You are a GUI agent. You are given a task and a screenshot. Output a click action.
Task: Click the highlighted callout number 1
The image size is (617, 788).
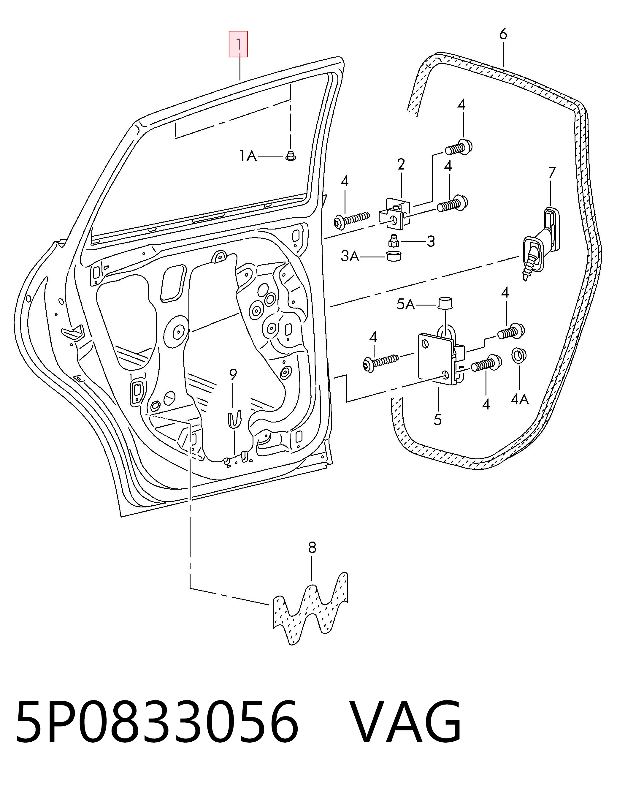point(238,44)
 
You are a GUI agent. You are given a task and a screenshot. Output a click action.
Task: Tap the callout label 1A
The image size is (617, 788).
point(248,156)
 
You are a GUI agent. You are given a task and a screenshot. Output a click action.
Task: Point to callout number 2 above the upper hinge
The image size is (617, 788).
point(401,165)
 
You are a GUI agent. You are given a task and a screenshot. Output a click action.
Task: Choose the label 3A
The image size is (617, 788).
point(350,257)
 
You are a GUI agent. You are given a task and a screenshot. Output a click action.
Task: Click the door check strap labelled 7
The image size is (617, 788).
point(540,242)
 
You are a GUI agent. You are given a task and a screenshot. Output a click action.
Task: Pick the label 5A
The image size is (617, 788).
point(405,305)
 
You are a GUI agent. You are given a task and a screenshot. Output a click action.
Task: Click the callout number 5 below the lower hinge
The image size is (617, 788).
point(437,420)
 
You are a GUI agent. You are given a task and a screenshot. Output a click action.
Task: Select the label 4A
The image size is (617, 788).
point(519,399)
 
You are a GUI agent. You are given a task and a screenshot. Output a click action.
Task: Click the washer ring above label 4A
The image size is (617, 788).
point(519,355)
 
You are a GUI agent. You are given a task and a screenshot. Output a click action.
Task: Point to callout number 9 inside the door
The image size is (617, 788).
point(233,374)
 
